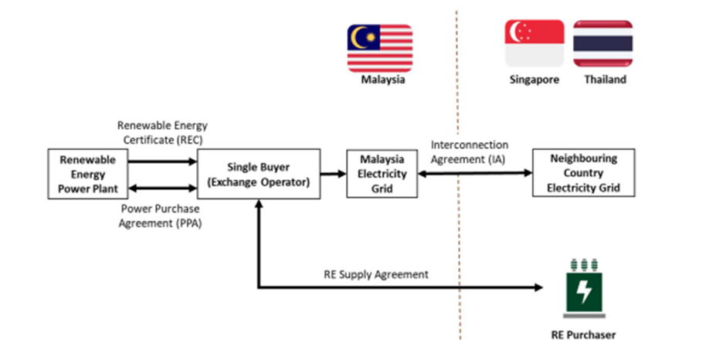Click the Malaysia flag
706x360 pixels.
click(x=379, y=47)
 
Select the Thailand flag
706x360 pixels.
click(x=604, y=43)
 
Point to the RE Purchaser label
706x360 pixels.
click(x=584, y=335)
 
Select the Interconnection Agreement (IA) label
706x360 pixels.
click(x=470, y=150)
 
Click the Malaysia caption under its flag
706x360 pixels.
click(x=383, y=80)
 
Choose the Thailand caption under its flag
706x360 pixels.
click(x=605, y=80)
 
